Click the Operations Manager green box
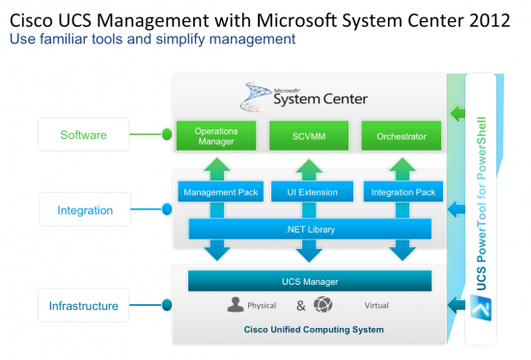(215, 136)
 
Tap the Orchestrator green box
(401, 136)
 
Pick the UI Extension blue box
(308, 192)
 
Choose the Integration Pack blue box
(402, 192)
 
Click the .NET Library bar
(309, 230)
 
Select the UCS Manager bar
(309, 281)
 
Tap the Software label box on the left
(83, 134)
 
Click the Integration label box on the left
(85, 209)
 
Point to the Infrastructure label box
(83, 306)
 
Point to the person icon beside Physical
(235, 305)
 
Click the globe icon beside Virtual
(323, 305)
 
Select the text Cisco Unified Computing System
(309, 330)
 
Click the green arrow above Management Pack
(217, 166)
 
